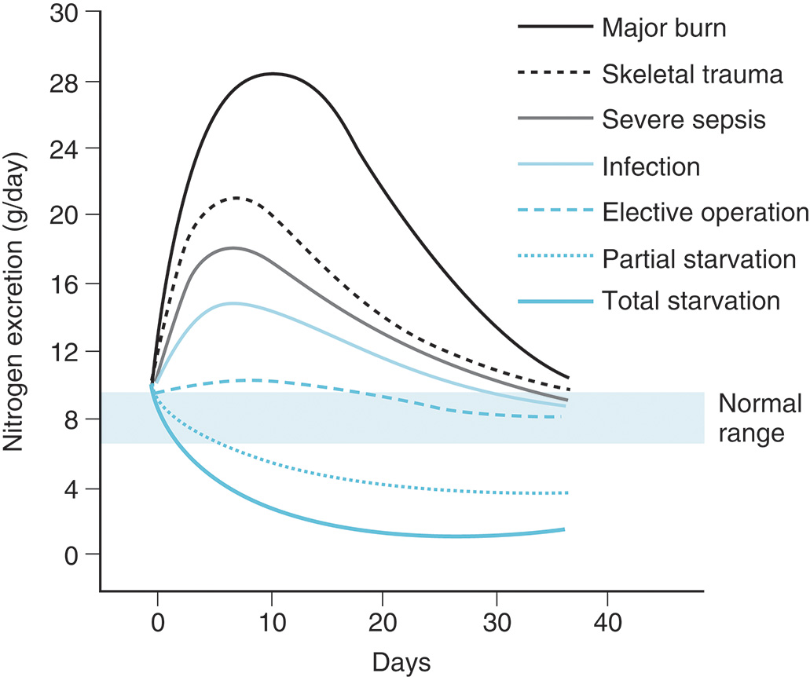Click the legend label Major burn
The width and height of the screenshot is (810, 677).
[664, 28]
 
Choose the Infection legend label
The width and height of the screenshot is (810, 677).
[651, 167]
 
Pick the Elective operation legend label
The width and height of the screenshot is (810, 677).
[705, 212]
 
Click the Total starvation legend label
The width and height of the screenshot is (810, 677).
[691, 302]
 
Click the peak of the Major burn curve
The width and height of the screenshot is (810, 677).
[272, 73]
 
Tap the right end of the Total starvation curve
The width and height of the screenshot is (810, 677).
[563, 529]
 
